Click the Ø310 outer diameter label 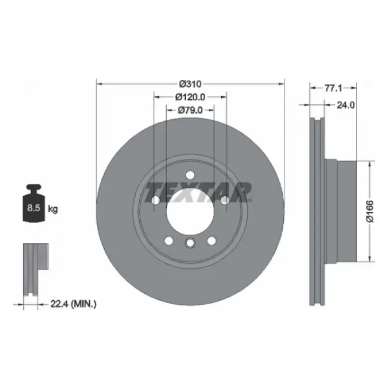190,84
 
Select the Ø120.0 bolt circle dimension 190,97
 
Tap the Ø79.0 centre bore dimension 190,110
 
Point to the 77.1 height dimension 333,88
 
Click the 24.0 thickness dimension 346,105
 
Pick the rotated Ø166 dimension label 370,212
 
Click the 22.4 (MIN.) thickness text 74,304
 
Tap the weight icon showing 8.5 34,203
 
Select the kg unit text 53,209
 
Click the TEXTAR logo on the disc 198,192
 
